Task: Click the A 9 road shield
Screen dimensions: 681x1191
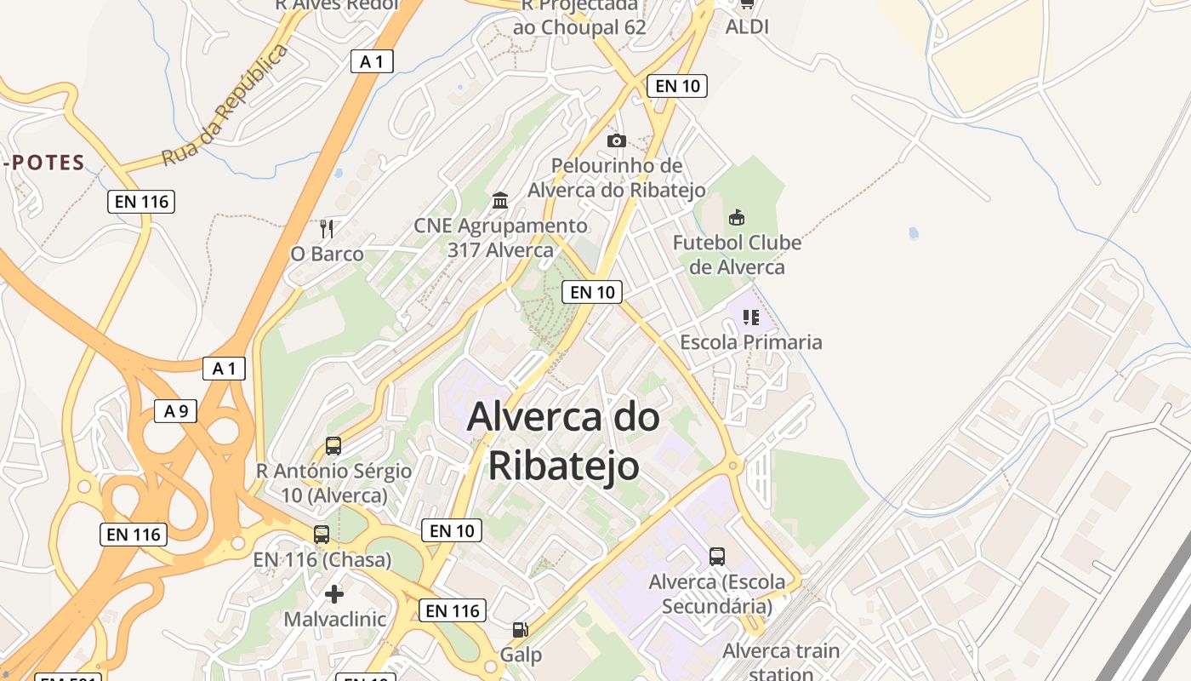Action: pyautogui.click(x=176, y=411)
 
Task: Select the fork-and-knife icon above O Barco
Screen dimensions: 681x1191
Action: pyautogui.click(x=327, y=228)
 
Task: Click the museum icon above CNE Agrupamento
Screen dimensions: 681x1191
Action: pyautogui.click(x=500, y=201)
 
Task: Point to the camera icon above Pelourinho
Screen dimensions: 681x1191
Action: pyautogui.click(x=617, y=140)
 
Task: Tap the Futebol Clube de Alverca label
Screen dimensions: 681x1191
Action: pyautogui.click(x=737, y=255)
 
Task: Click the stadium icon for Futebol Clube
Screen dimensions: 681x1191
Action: pyautogui.click(x=737, y=218)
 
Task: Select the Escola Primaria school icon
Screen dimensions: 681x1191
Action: pyautogui.click(x=750, y=318)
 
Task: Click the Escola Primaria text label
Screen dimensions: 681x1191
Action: pyautogui.click(x=750, y=342)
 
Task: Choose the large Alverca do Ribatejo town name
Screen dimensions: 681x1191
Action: pyautogui.click(x=563, y=441)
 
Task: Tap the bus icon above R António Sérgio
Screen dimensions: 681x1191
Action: pyautogui.click(x=333, y=446)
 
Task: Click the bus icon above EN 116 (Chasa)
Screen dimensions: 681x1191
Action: pyautogui.click(x=322, y=535)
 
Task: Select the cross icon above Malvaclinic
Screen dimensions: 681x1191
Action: pyautogui.click(x=335, y=593)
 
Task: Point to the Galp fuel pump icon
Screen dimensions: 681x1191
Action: pyautogui.click(x=520, y=630)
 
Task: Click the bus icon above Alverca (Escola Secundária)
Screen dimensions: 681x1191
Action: pyautogui.click(x=717, y=557)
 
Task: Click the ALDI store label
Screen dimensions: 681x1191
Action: pyautogui.click(x=747, y=26)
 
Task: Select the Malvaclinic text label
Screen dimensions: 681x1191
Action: pyautogui.click(x=335, y=619)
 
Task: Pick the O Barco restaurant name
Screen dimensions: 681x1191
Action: pyautogui.click(x=327, y=254)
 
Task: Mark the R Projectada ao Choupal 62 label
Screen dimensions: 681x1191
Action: pyautogui.click(x=579, y=17)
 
